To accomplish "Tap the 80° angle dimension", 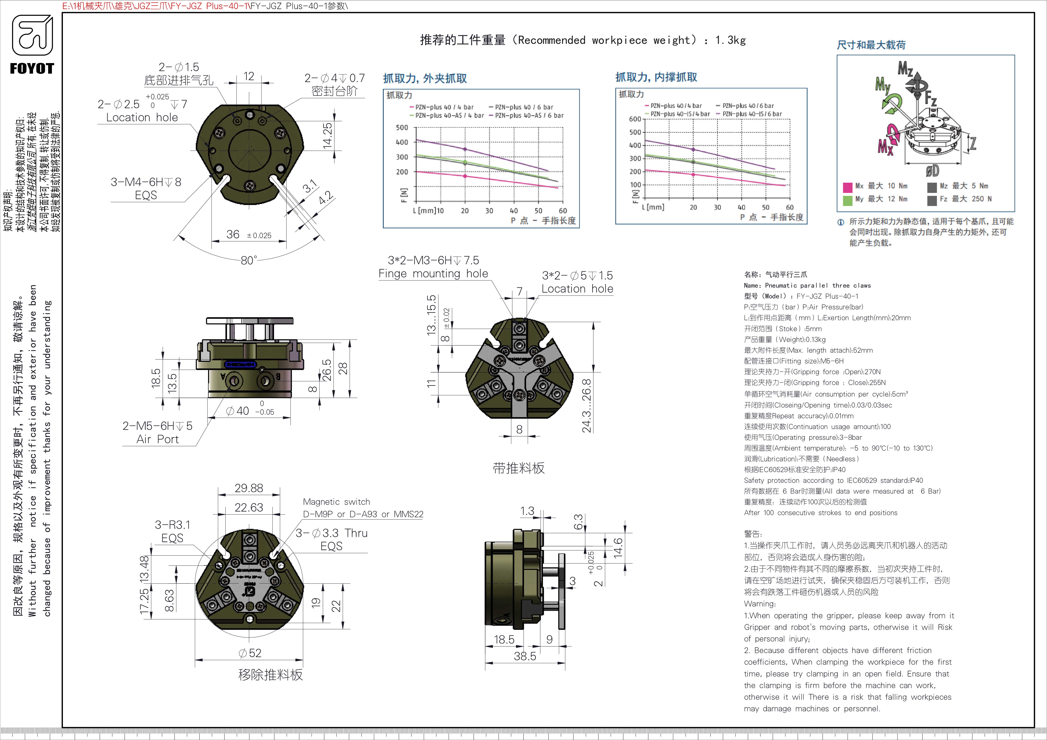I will click(x=249, y=260).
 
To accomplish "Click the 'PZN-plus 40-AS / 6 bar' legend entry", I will click(x=527, y=116).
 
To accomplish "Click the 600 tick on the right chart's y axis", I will click(x=635, y=119).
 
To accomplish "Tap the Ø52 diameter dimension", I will click(x=250, y=653).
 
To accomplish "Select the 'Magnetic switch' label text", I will click(x=337, y=502).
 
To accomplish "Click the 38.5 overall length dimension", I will click(x=525, y=656).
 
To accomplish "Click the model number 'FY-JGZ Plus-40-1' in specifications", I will click(x=827, y=296).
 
